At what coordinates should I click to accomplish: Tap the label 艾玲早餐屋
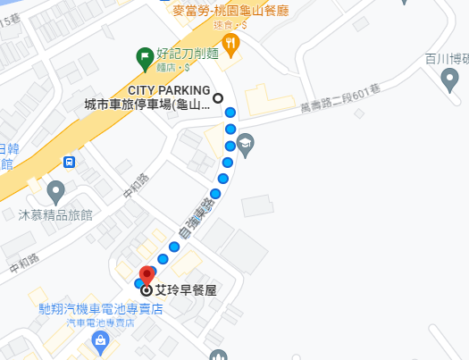(x=187, y=290)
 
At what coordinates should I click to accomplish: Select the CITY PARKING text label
(x=169, y=90)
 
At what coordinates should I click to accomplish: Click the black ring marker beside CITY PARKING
(x=218, y=98)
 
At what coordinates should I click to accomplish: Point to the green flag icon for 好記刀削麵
(x=144, y=57)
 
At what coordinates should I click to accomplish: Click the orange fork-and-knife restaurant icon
(x=230, y=44)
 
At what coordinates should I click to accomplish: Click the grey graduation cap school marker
(x=245, y=141)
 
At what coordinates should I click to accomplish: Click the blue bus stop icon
(x=70, y=162)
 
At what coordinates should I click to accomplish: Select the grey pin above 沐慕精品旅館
(x=55, y=191)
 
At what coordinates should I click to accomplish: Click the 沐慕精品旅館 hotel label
(x=54, y=214)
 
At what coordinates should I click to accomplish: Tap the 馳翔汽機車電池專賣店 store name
(x=100, y=309)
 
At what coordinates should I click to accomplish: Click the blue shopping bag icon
(x=100, y=340)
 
